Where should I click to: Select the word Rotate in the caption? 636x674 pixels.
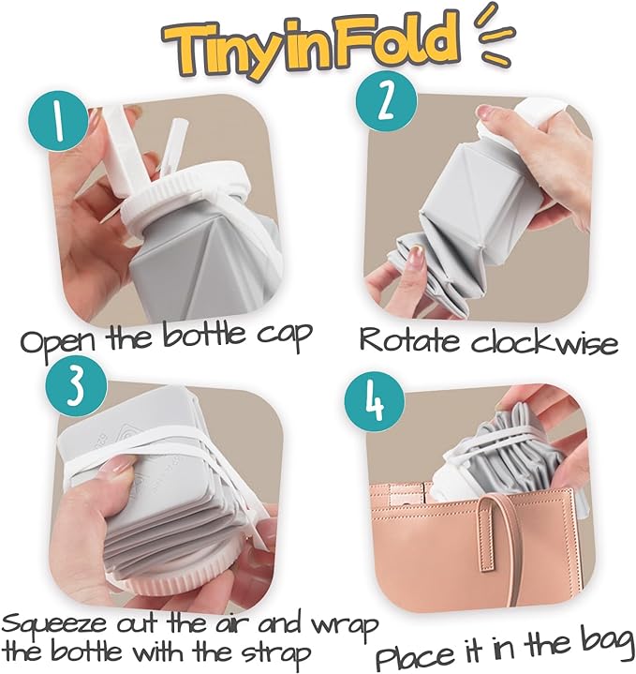coord(408,339)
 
